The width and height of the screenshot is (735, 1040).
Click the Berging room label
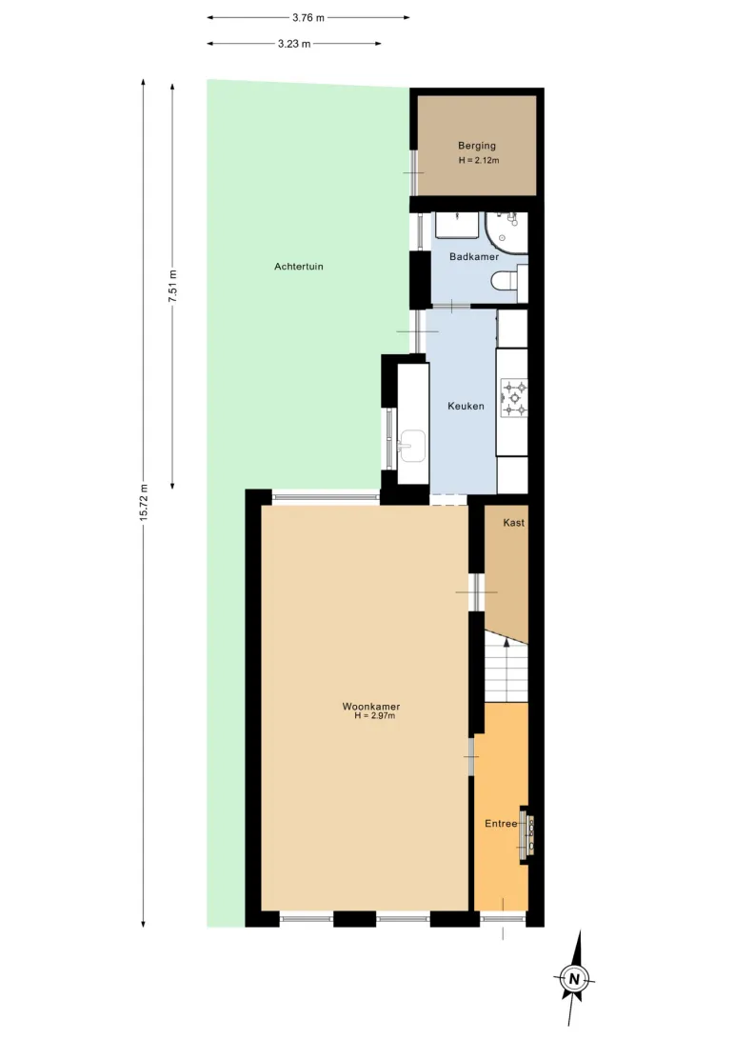[x=477, y=146]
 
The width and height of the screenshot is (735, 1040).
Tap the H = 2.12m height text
[x=479, y=161]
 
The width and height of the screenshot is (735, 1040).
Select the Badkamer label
[x=474, y=257]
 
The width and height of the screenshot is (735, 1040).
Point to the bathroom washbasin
[x=457, y=225]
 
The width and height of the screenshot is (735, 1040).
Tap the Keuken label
[x=466, y=406]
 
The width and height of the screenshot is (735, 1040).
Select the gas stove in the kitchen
[x=514, y=398]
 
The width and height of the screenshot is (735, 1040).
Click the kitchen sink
[x=412, y=445]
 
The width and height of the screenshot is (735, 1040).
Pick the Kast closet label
[x=513, y=523]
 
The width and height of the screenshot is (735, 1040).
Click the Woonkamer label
[x=371, y=707]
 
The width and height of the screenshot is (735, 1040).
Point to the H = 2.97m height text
[x=374, y=715]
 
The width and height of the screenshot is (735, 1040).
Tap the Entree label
[x=501, y=824]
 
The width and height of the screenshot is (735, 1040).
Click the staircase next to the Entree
[x=507, y=666]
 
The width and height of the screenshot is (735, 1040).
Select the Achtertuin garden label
[x=299, y=267]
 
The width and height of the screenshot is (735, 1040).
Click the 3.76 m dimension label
[x=308, y=18]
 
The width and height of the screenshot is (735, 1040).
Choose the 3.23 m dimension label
[x=294, y=44]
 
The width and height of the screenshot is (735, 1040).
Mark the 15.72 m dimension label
[x=144, y=503]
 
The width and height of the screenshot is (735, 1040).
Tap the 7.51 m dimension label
[x=173, y=287]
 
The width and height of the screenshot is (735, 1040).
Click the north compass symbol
[x=574, y=978]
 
